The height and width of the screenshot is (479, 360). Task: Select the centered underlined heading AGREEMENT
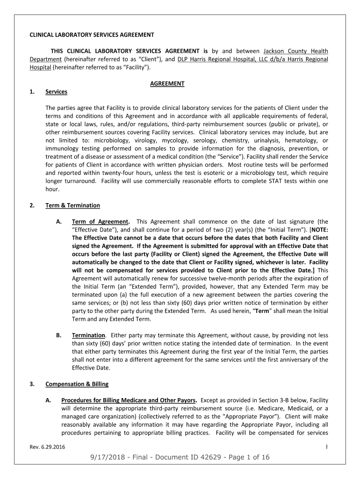[x=167, y=84]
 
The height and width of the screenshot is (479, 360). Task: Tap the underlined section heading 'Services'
[x=56, y=92]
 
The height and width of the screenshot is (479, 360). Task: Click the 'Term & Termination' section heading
[x=72, y=205]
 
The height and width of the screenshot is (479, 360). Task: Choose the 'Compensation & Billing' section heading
[x=77, y=384]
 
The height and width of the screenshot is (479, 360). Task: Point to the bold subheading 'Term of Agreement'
[x=100, y=221]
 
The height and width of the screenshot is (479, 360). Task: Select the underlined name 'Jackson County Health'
[x=295, y=51]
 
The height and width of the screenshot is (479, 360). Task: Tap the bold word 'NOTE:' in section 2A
[x=317, y=230]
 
